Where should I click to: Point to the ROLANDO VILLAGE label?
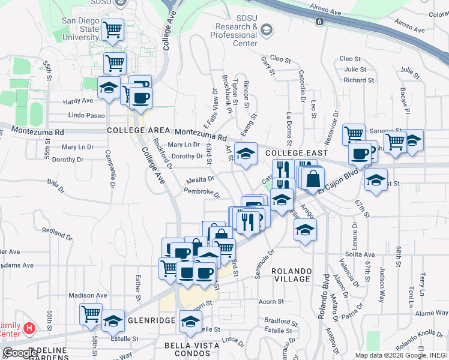291,275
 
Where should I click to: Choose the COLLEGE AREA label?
139,130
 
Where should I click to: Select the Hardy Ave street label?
79,101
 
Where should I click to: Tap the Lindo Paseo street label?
86,115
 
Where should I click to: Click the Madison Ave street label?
88,295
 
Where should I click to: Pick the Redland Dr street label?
57,231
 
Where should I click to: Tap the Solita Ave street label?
360,255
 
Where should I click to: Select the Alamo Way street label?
430,313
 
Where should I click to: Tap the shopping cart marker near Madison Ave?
91,313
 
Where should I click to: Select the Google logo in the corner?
20,353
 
